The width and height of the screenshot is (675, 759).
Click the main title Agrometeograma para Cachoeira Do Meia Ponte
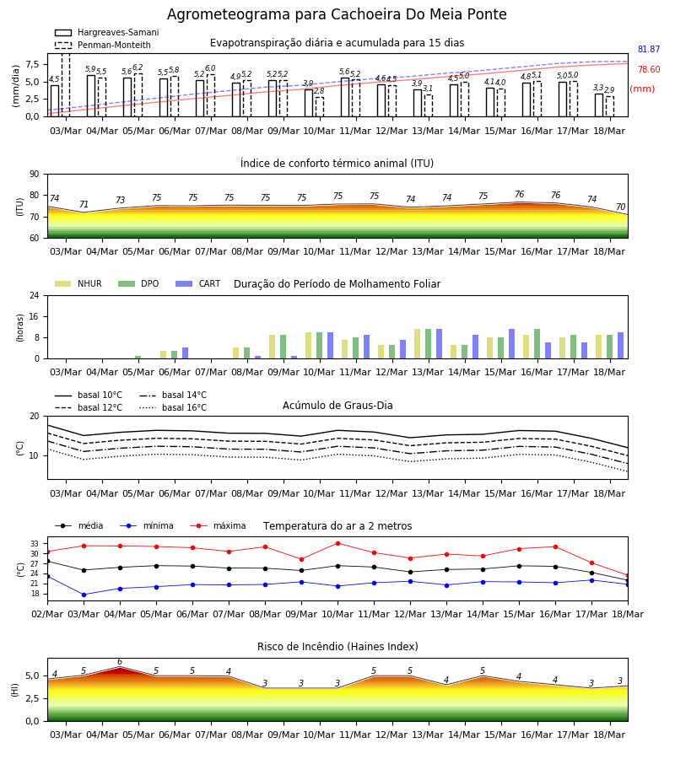(x=337, y=14)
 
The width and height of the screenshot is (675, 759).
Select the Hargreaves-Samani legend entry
(x=107, y=32)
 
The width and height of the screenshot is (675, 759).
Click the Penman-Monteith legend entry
(x=103, y=45)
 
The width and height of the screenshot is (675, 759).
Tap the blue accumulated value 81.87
(x=649, y=50)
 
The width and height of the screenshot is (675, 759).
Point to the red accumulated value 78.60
(x=649, y=70)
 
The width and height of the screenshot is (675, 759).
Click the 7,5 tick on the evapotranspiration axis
(x=32, y=64)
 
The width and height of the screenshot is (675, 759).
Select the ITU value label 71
(x=84, y=204)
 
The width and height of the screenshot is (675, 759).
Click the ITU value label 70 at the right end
(x=621, y=207)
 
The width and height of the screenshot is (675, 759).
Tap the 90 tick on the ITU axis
(x=34, y=175)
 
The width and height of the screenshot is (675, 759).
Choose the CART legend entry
(x=198, y=283)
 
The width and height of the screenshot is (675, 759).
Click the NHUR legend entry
(x=78, y=283)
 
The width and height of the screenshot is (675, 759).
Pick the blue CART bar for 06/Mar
(x=185, y=353)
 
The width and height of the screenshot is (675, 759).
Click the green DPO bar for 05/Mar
(x=138, y=358)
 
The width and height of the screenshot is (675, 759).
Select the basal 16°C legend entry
(x=173, y=407)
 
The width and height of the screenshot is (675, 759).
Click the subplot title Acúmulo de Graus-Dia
(x=337, y=406)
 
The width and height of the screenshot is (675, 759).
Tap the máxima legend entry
(x=218, y=525)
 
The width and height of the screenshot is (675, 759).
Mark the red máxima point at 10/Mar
(x=338, y=543)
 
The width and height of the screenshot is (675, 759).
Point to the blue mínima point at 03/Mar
(x=84, y=595)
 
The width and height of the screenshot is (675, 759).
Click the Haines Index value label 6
(x=120, y=662)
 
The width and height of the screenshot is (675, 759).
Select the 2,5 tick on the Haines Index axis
(x=32, y=698)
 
